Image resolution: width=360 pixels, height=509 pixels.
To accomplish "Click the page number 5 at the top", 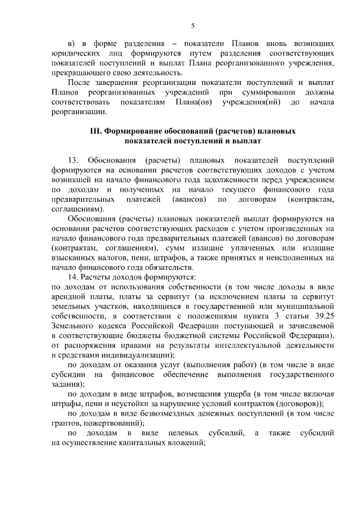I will tap(192, 25).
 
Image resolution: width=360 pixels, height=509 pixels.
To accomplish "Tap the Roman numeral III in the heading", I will tap(96, 131).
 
